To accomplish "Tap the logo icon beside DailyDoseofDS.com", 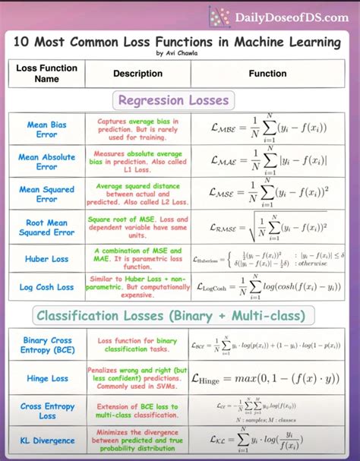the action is click(x=219, y=17).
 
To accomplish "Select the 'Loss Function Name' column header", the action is click(x=47, y=74).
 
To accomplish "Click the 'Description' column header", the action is click(x=137, y=74).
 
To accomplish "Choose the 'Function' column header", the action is click(x=267, y=74).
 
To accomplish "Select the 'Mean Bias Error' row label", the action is click(x=47, y=129).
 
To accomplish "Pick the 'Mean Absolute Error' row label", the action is click(x=47, y=162).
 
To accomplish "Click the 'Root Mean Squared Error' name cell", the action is click(x=47, y=227).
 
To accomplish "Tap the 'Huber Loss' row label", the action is click(x=47, y=259).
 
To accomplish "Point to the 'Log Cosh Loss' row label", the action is click(x=47, y=287).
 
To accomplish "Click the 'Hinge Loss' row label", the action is click(x=47, y=378).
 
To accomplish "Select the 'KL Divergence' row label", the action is click(x=47, y=440).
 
